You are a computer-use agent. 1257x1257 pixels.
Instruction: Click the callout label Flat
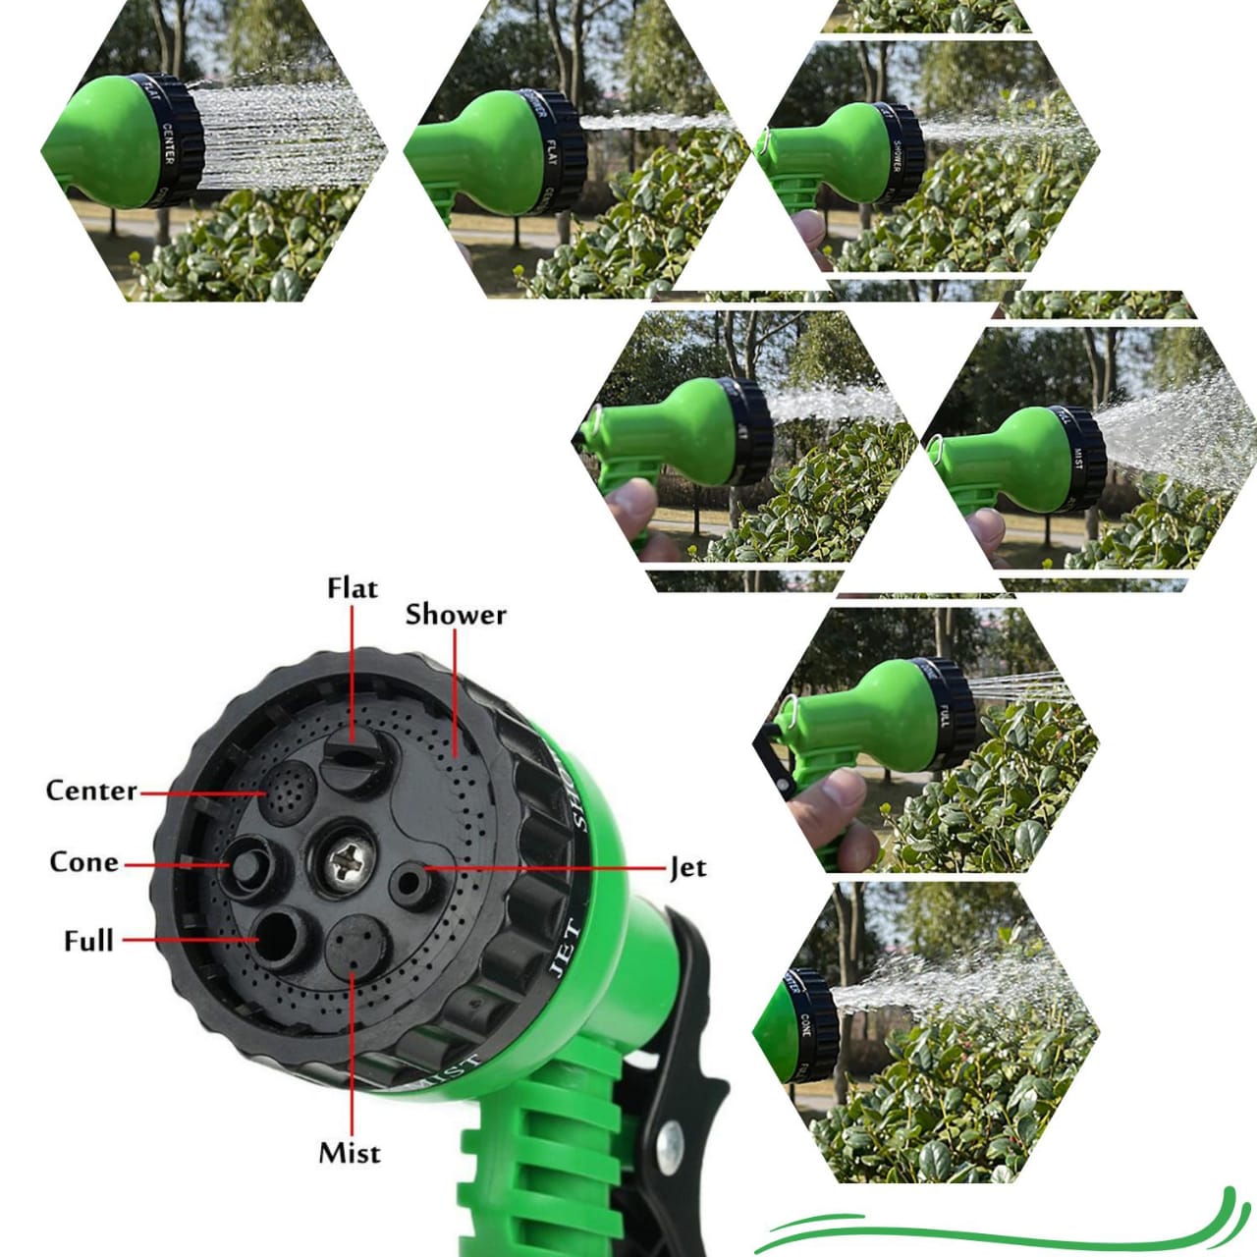[352, 588]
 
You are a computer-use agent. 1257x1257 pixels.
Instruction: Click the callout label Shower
[456, 615]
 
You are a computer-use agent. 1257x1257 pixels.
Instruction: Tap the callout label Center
[91, 791]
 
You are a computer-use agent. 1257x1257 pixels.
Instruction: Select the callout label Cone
[84, 862]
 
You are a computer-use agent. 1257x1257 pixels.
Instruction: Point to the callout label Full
[88, 941]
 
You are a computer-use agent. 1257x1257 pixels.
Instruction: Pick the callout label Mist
[349, 1153]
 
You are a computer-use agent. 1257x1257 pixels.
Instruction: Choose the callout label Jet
[687, 868]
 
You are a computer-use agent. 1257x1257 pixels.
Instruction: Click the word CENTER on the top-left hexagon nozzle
[168, 143]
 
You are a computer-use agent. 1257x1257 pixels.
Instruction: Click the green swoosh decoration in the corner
[1002, 1228]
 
